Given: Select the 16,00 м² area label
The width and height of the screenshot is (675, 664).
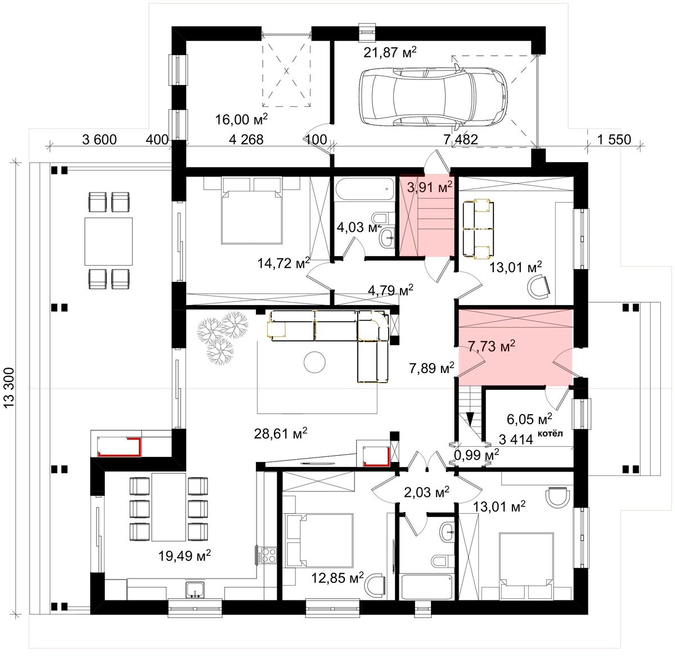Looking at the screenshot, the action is tap(241, 119).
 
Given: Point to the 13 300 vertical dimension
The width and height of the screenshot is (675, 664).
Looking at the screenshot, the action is tap(10, 388).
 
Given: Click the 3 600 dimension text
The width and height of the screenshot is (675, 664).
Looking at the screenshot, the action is tap(99, 140).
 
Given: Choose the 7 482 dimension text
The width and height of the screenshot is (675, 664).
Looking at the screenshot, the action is tap(461, 140).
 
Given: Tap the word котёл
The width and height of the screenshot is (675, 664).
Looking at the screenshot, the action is tap(550, 433).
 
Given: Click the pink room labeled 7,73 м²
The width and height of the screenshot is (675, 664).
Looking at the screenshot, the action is tap(515, 347).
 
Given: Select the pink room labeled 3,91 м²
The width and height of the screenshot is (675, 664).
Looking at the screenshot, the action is tap(427, 215).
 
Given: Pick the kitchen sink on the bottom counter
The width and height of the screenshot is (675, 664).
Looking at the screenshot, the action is tap(195, 589).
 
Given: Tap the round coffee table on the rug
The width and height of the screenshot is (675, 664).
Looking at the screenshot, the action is tap(315, 363).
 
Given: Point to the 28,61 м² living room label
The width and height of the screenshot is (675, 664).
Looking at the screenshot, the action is tap(281, 434).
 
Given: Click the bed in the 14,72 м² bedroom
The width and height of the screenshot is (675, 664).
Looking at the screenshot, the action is tap(252, 210).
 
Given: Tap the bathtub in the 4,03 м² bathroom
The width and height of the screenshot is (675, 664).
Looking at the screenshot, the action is tap(364, 189).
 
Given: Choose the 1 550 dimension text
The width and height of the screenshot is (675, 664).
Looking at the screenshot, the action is tap(614, 140).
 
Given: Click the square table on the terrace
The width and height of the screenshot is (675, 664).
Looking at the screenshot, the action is tap(109, 241).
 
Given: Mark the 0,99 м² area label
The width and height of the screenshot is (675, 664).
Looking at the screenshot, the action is tap(477, 455).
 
